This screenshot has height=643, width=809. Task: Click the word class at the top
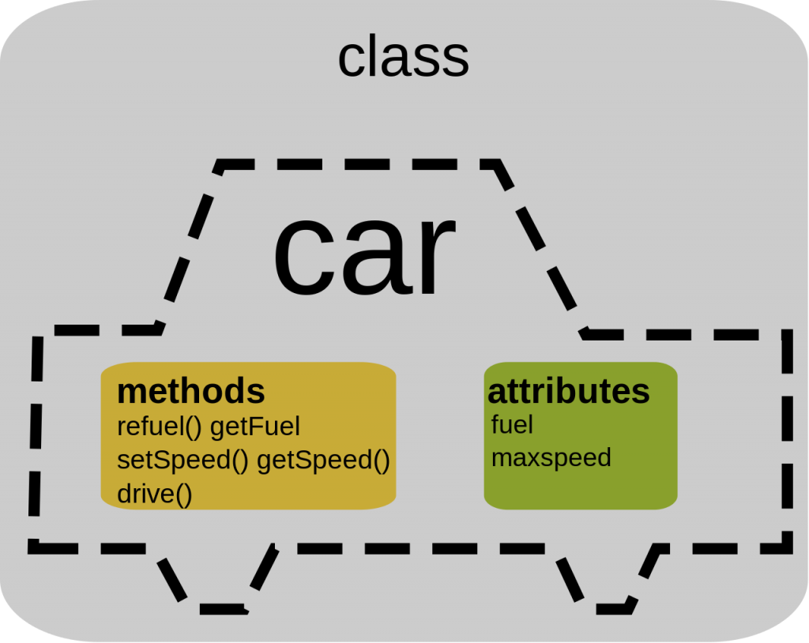[403, 58]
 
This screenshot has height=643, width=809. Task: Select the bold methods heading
[190, 391]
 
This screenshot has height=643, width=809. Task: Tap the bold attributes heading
[569, 391]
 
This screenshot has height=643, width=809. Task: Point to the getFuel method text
[255, 427]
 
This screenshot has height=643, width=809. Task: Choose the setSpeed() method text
[182, 460]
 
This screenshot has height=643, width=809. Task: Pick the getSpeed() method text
[324, 460]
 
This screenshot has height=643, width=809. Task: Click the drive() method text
[155, 494]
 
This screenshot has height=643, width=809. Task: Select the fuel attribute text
[512, 425]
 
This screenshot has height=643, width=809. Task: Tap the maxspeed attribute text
[551, 458]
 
